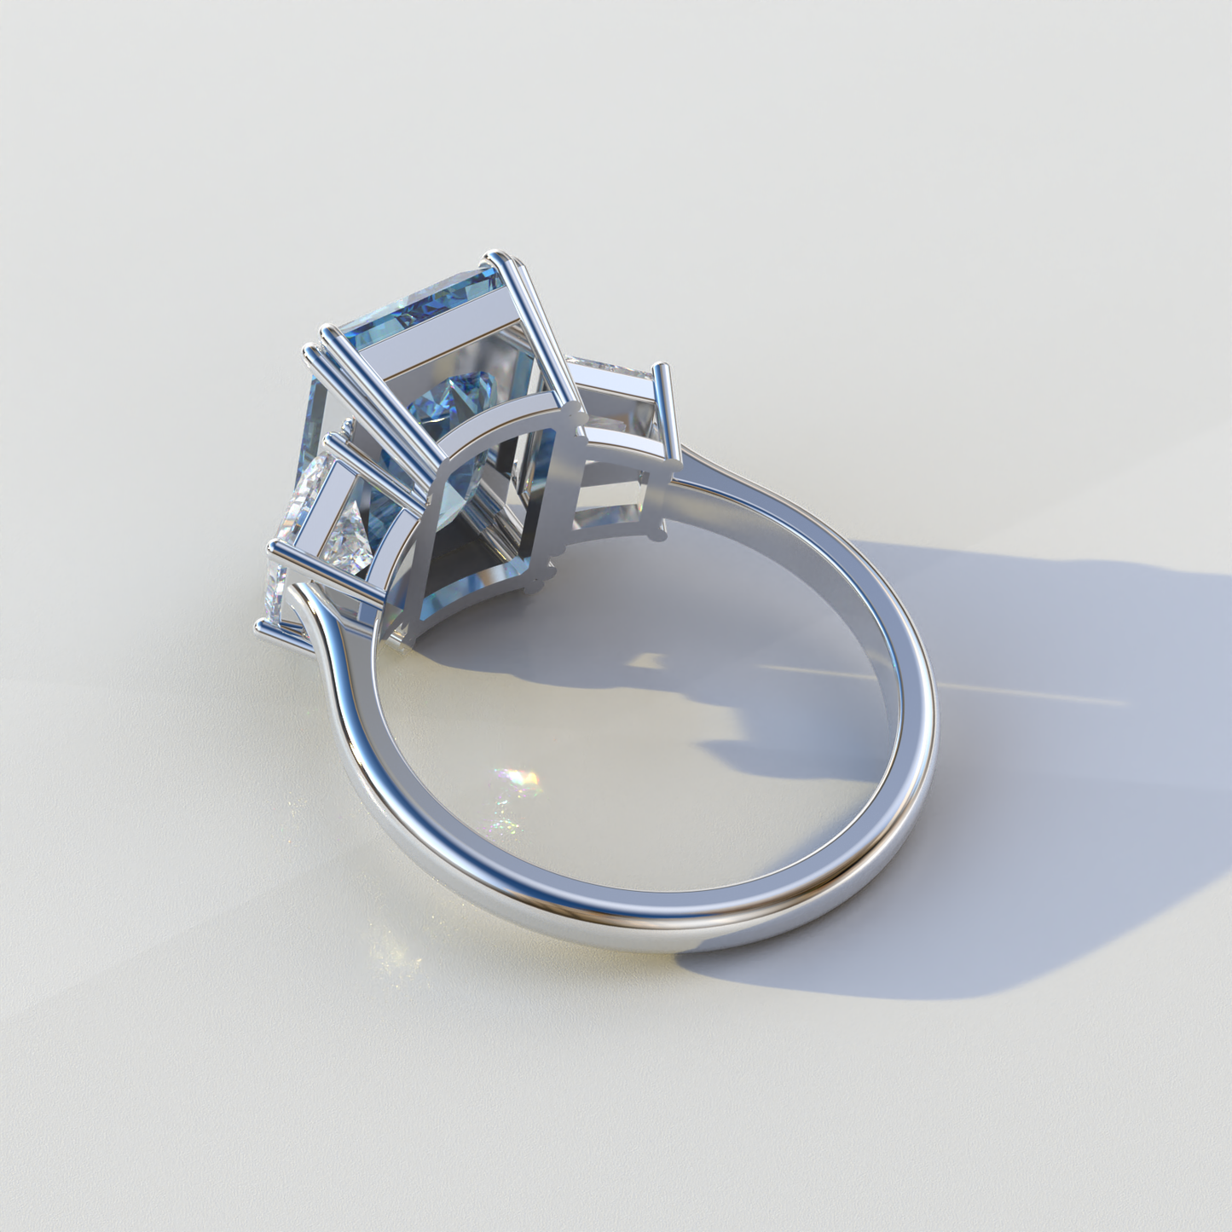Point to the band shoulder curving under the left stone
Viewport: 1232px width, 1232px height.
328,631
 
